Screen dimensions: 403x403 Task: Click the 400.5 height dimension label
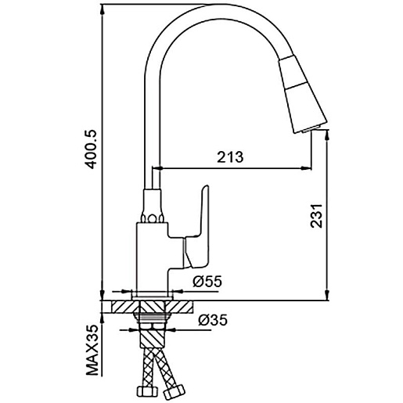[91, 149]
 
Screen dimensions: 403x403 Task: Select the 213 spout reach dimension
[230, 157]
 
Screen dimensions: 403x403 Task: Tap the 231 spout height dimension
[316, 216]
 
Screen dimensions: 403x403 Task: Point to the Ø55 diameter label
[207, 281]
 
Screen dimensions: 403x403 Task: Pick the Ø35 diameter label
[213, 319]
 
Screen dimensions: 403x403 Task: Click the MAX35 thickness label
[92, 350]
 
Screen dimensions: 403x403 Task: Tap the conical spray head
[303, 94]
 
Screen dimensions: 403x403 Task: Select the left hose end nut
[147, 391]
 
